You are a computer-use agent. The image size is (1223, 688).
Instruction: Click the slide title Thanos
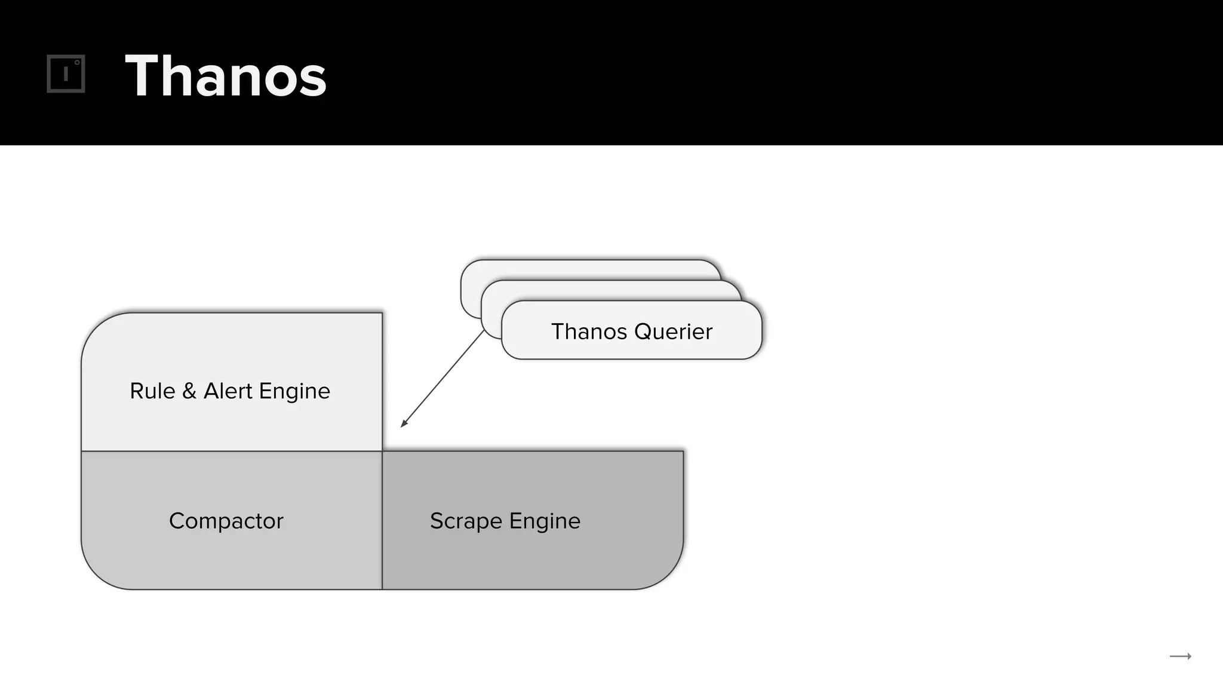pyautogui.click(x=226, y=76)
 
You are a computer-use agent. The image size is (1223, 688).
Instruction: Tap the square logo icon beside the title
pyautogui.click(x=66, y=74)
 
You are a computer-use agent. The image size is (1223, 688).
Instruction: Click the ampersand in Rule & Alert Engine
pyautogui.click(x=189, y=391)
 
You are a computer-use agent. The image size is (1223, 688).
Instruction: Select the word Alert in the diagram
pyautogui.click(x=228, y=391)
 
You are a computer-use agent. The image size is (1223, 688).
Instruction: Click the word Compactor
pyautogui.click(x=226, y=521)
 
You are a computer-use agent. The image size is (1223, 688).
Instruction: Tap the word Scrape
pyautogui.click(x=466, y=521)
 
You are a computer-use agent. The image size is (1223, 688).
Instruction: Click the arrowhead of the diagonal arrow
pyautogui.click(x=404, y=423)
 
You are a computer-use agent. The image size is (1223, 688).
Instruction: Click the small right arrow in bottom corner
pyautogui.click(x=1180, y=656)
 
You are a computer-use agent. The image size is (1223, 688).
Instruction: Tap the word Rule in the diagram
pyautogui.click(x=152, y=391)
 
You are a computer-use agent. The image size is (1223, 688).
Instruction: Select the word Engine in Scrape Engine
pyautogui.click(x=545, y=521)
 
